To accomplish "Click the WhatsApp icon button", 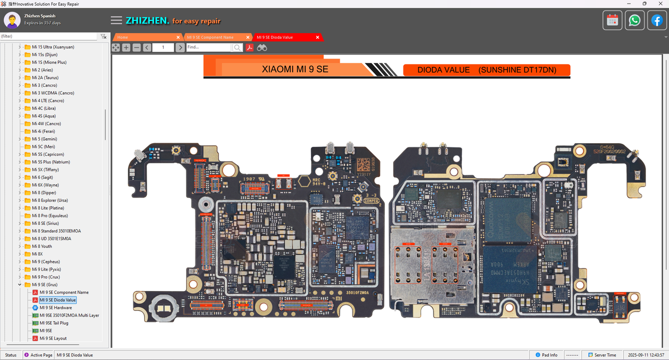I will coord(635,20).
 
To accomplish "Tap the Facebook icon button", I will coord(656,20).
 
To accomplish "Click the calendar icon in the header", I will coord(613,20).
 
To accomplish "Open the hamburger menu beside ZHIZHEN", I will coord(116,20).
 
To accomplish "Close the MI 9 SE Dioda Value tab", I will coord(317,38).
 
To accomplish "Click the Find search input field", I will coord(208,48).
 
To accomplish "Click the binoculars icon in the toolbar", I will coord(262,48).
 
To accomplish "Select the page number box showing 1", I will coord(163,48).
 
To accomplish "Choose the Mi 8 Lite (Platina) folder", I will coord(48,208).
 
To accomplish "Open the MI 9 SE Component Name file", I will coord(64,293).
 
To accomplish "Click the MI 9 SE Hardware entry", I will coord(55,308).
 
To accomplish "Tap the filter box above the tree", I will coord(48,37).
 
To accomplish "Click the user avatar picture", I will coord(12,20).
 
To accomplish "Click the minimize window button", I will coord(629,4).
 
